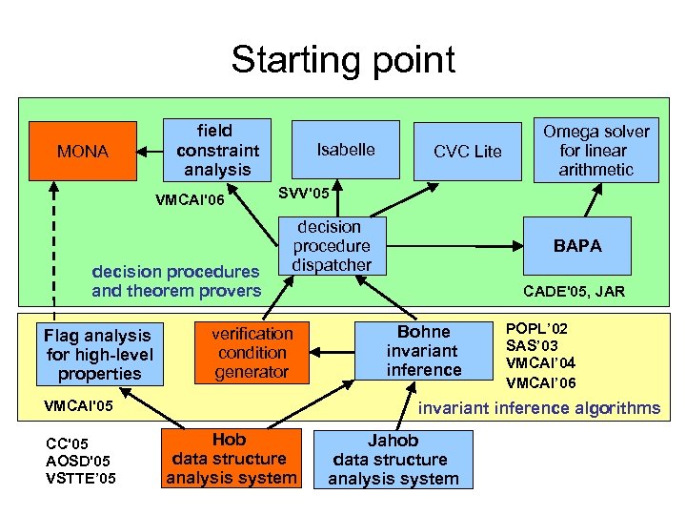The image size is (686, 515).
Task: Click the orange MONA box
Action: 82,151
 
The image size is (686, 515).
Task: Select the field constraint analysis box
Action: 217,150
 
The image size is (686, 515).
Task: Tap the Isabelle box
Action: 345,150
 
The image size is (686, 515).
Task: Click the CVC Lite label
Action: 467,152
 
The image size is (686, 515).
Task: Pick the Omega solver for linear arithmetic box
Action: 595,150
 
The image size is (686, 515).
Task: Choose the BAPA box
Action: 578,246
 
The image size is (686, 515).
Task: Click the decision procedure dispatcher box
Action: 331,246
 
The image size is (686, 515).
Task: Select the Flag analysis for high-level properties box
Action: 98,354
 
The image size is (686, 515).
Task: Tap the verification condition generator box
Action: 252,352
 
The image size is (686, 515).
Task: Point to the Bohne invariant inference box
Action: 424,350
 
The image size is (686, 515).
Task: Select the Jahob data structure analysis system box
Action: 393,460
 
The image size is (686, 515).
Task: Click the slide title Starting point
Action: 343,60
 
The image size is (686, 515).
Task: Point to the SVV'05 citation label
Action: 304,194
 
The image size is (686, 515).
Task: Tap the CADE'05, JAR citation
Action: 574,291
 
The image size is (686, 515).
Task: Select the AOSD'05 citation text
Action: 79,460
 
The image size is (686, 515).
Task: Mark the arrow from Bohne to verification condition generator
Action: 334,350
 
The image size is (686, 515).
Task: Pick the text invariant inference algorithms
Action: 540,408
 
